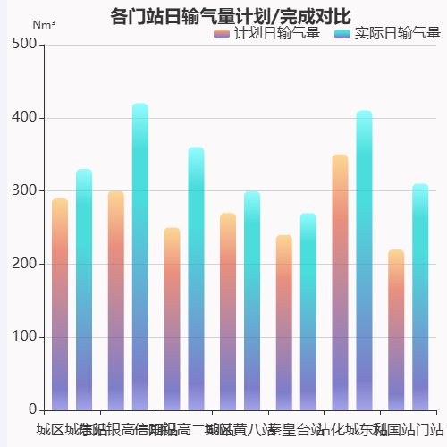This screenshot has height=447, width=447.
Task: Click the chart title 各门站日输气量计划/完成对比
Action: [x=230, y=16]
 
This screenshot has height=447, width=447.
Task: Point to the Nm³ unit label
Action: [x=44, y=26]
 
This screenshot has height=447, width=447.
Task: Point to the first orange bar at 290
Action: [x=60, y=305]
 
